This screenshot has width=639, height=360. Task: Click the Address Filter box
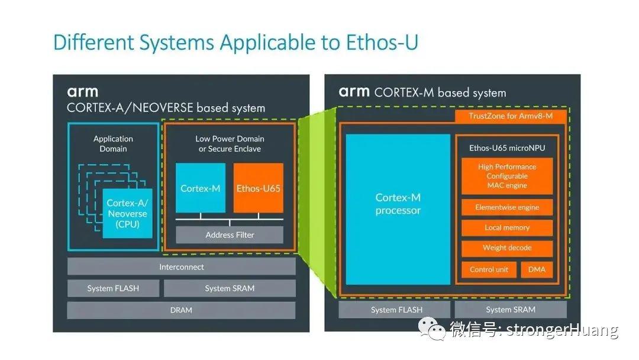tap(230, 235)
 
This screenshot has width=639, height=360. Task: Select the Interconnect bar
tap(182, 267)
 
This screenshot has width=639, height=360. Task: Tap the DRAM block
tap(182, 310)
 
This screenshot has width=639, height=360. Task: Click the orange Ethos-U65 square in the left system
tap(259, 188)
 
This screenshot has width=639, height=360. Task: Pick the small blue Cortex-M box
tap(201, 188)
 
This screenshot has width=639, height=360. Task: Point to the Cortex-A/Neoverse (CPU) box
tap(128, 213)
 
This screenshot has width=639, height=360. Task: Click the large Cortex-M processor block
tap(398, 210)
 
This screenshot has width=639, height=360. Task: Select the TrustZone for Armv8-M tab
tap(511, 116)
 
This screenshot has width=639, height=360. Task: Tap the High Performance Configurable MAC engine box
tap(508, 176)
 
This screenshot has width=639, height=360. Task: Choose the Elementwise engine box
tap(508, 207)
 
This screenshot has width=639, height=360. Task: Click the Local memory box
tap(508, 228)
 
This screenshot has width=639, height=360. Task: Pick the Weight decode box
tap(508, 248)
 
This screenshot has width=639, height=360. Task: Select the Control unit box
tap(489, 269)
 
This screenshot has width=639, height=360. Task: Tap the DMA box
tap(537, 269)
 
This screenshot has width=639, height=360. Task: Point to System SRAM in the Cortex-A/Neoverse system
tap(230, 289)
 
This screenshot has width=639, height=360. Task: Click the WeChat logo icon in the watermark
tap(431, 329)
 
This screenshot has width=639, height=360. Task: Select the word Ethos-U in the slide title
tap(382, 43)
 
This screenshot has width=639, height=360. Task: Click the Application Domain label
tap(113, 144)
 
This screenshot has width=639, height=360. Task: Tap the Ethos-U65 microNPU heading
tap(507, 148)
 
